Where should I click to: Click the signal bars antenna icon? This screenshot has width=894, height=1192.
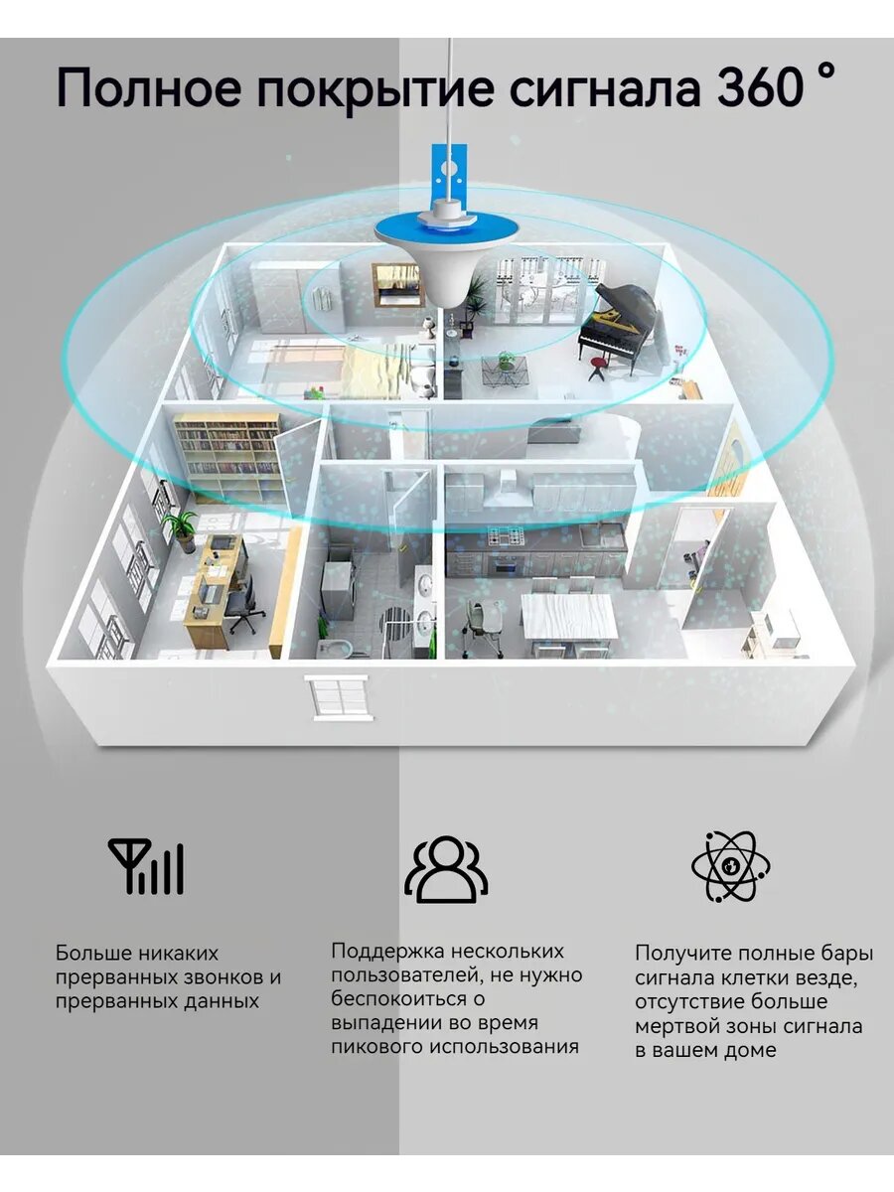pos(146,866)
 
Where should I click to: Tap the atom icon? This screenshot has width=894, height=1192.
pos(731,866)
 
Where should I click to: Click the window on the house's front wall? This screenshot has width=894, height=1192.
pos(336,695)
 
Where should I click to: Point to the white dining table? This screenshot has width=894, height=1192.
pos(568,615)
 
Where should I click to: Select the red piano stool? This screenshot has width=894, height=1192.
pos(597,366)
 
